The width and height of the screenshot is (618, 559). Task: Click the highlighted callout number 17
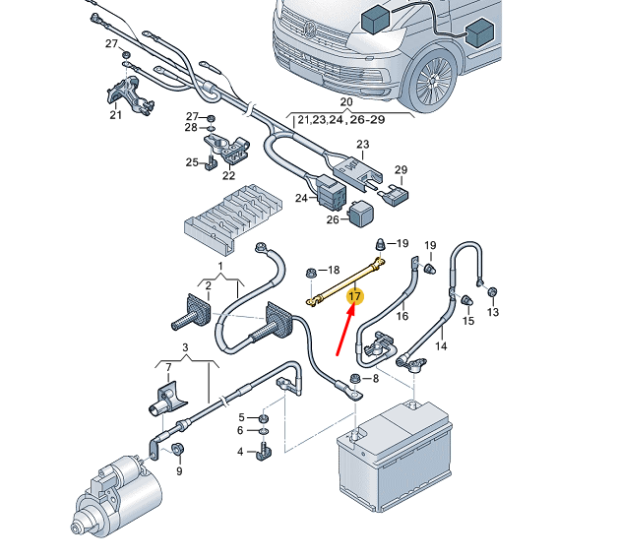click(x=356, y=295)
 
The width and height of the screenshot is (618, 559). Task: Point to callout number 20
click(x=345, y=102)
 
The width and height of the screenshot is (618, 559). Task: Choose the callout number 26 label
click(x=332, y=218)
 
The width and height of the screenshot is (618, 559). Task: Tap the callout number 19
click(x=402, y=243)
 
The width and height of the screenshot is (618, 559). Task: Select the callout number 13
click(x=493, y=312)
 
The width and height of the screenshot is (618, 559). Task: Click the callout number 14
click(x=441, y=345)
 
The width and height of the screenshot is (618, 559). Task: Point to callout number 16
click(x=402, y=316)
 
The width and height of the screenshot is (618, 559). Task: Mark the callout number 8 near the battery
click(x=372, y=379)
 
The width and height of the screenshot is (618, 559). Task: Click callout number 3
click(x=185, y=347)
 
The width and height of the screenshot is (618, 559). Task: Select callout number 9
click(x=178, y=471)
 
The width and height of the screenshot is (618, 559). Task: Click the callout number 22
click(x=228, y=175)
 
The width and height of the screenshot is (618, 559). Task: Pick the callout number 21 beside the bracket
click(x=115, y=115)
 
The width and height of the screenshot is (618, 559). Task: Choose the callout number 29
click(x=401, y=170)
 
